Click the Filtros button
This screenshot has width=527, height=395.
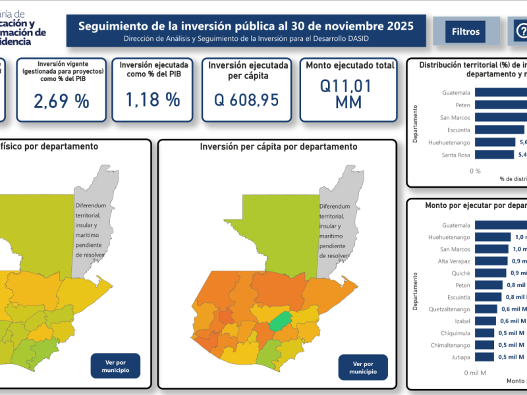tap(466, 32)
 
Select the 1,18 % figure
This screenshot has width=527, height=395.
tap(153, 99)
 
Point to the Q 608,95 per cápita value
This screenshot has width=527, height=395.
tap(247, 100)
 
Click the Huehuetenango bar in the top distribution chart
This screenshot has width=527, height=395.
tap(495, 142)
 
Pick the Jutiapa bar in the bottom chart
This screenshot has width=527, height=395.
tap(484, 357)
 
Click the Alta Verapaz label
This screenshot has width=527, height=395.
tap(455, 261)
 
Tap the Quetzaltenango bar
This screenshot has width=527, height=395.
tap(486, 309)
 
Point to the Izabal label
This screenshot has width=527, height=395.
tap(461, 321)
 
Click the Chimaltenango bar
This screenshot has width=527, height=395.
tap(484, 345)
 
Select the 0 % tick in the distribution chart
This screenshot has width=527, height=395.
tap(475, 171)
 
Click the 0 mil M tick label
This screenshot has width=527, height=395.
tap(475, 373)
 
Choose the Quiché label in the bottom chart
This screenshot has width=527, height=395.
tap(461, 273)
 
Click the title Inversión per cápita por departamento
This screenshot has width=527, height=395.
tap(278, 146)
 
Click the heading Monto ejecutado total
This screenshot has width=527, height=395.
tap(350, 66)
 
